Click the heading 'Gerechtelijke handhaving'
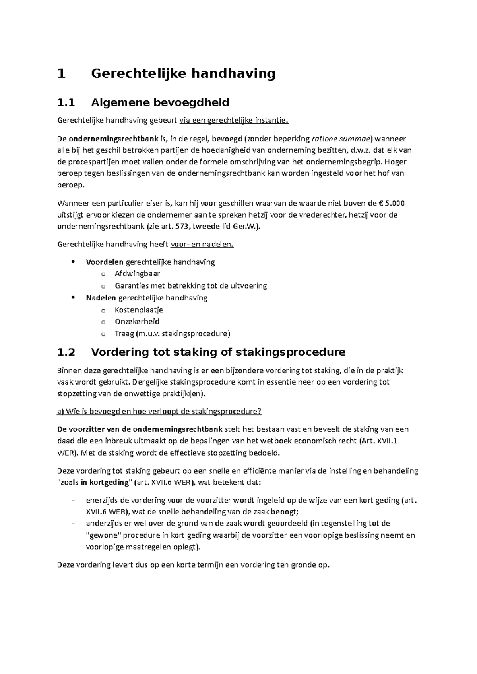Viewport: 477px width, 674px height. click(x=183, y=74)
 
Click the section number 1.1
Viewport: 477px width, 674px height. click(x=66, y=103)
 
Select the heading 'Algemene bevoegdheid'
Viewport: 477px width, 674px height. click(x=160, y=103)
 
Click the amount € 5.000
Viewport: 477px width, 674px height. click(x=392, y=204)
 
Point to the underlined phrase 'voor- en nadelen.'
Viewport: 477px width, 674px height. click(x=202, y=245)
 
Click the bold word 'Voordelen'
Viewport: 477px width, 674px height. click(x=105, y=262)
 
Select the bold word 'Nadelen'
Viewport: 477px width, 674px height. click(x=101, y=298)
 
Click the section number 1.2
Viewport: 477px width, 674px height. click(x=66, y=352)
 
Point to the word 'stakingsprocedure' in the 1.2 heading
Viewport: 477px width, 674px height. click(x=291, y=352)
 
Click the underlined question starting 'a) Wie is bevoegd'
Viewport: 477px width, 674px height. click(x=159, y=412)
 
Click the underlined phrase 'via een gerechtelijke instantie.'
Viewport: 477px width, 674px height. click(x=234, y=121)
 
